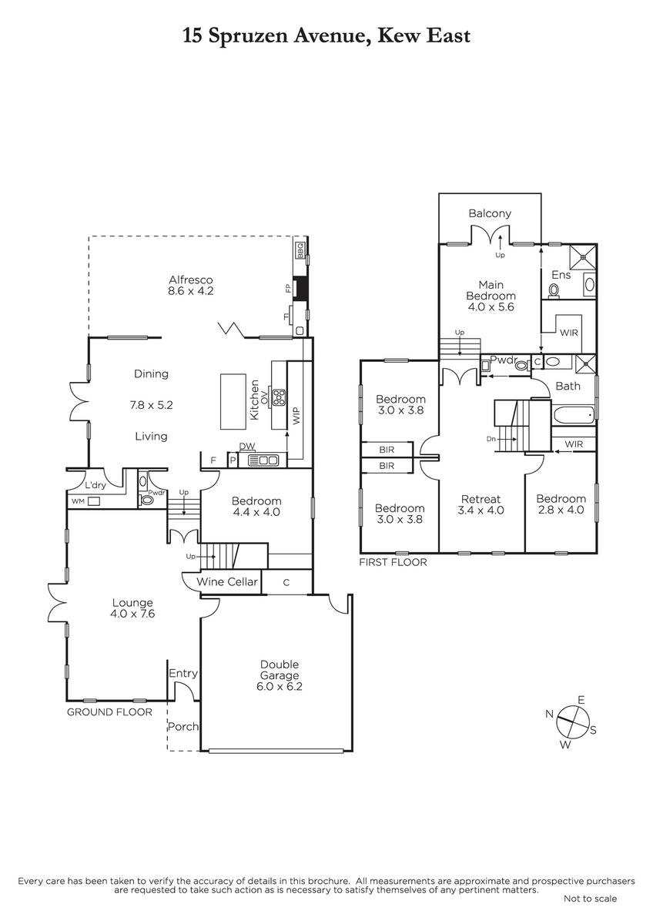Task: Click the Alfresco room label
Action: pos(190,280)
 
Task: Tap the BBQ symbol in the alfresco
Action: pos(300,250)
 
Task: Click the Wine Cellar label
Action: pos(227,581)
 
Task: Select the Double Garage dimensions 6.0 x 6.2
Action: pos(280,686)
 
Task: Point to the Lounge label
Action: pos(132,602)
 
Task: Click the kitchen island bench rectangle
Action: pos(233,401)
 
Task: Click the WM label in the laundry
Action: pos(78,501)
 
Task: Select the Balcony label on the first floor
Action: pos(490,213)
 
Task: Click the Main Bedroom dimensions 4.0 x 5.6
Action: pos(491,307)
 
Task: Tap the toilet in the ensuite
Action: pos(554,290)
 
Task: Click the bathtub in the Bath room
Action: pos(574,414)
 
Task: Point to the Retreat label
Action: pos(481,499)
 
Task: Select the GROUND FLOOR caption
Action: pos(109,712)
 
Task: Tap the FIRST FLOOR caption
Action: pos(393,562)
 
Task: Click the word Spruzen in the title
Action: pos(247,36)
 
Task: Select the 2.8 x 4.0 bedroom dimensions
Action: pos(561,510)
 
